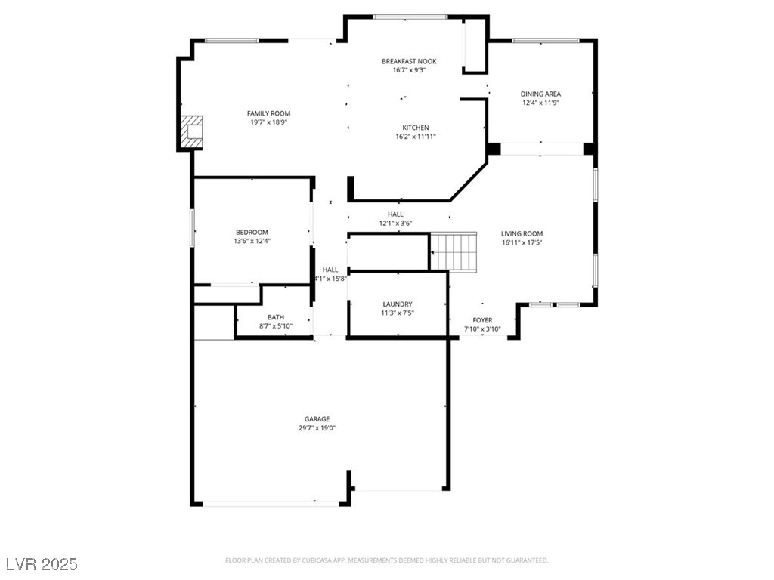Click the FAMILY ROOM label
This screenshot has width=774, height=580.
pos(268,113)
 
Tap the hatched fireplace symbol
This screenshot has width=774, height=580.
pos(191,131)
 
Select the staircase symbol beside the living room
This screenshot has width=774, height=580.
pos(454,252)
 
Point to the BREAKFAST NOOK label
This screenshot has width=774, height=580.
pos(409,62)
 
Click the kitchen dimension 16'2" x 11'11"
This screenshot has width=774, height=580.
pos(416,137)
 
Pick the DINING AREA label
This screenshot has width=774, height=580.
pos(540,94)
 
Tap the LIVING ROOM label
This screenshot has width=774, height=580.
pos(522,234)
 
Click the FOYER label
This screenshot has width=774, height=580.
pos(482,320)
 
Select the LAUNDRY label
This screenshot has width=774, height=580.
pos(398,304)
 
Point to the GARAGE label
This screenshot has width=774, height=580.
pos(317,419)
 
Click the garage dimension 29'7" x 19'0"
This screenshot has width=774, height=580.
pos(317,428)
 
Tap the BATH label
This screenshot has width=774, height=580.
pos(276,318)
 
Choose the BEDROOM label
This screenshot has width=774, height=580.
pos(252,233)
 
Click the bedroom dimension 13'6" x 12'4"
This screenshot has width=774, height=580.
pos(252,241)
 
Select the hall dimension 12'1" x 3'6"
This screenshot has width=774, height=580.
pos(395,224)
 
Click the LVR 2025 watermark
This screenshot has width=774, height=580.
pos(42,563)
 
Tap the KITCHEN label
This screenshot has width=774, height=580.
pos(416,128)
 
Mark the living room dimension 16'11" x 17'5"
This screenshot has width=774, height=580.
pos(522,242)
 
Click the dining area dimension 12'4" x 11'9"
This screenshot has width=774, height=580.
pos(540,103)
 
